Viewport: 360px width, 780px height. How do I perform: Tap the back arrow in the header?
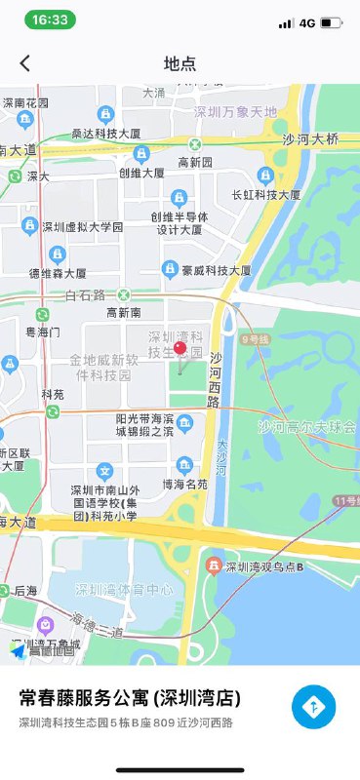25,63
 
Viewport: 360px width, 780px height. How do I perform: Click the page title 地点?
180,64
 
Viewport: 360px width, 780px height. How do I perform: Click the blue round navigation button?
313,707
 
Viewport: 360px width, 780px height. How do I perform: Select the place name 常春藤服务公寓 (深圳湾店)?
130,699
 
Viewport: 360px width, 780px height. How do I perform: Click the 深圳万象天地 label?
235,112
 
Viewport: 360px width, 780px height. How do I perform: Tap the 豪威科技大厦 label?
220,270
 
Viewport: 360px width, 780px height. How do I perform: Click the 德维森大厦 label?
58,274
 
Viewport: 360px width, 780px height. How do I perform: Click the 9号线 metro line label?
253,340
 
